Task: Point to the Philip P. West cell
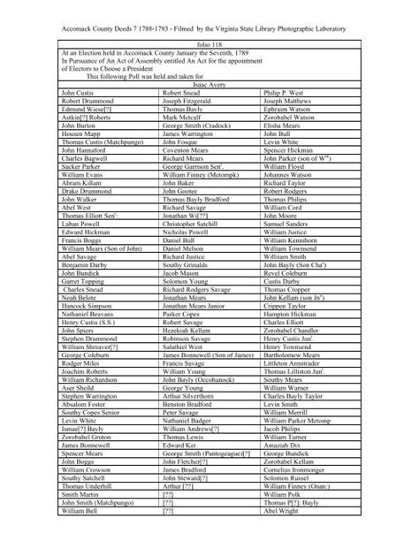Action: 282,91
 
